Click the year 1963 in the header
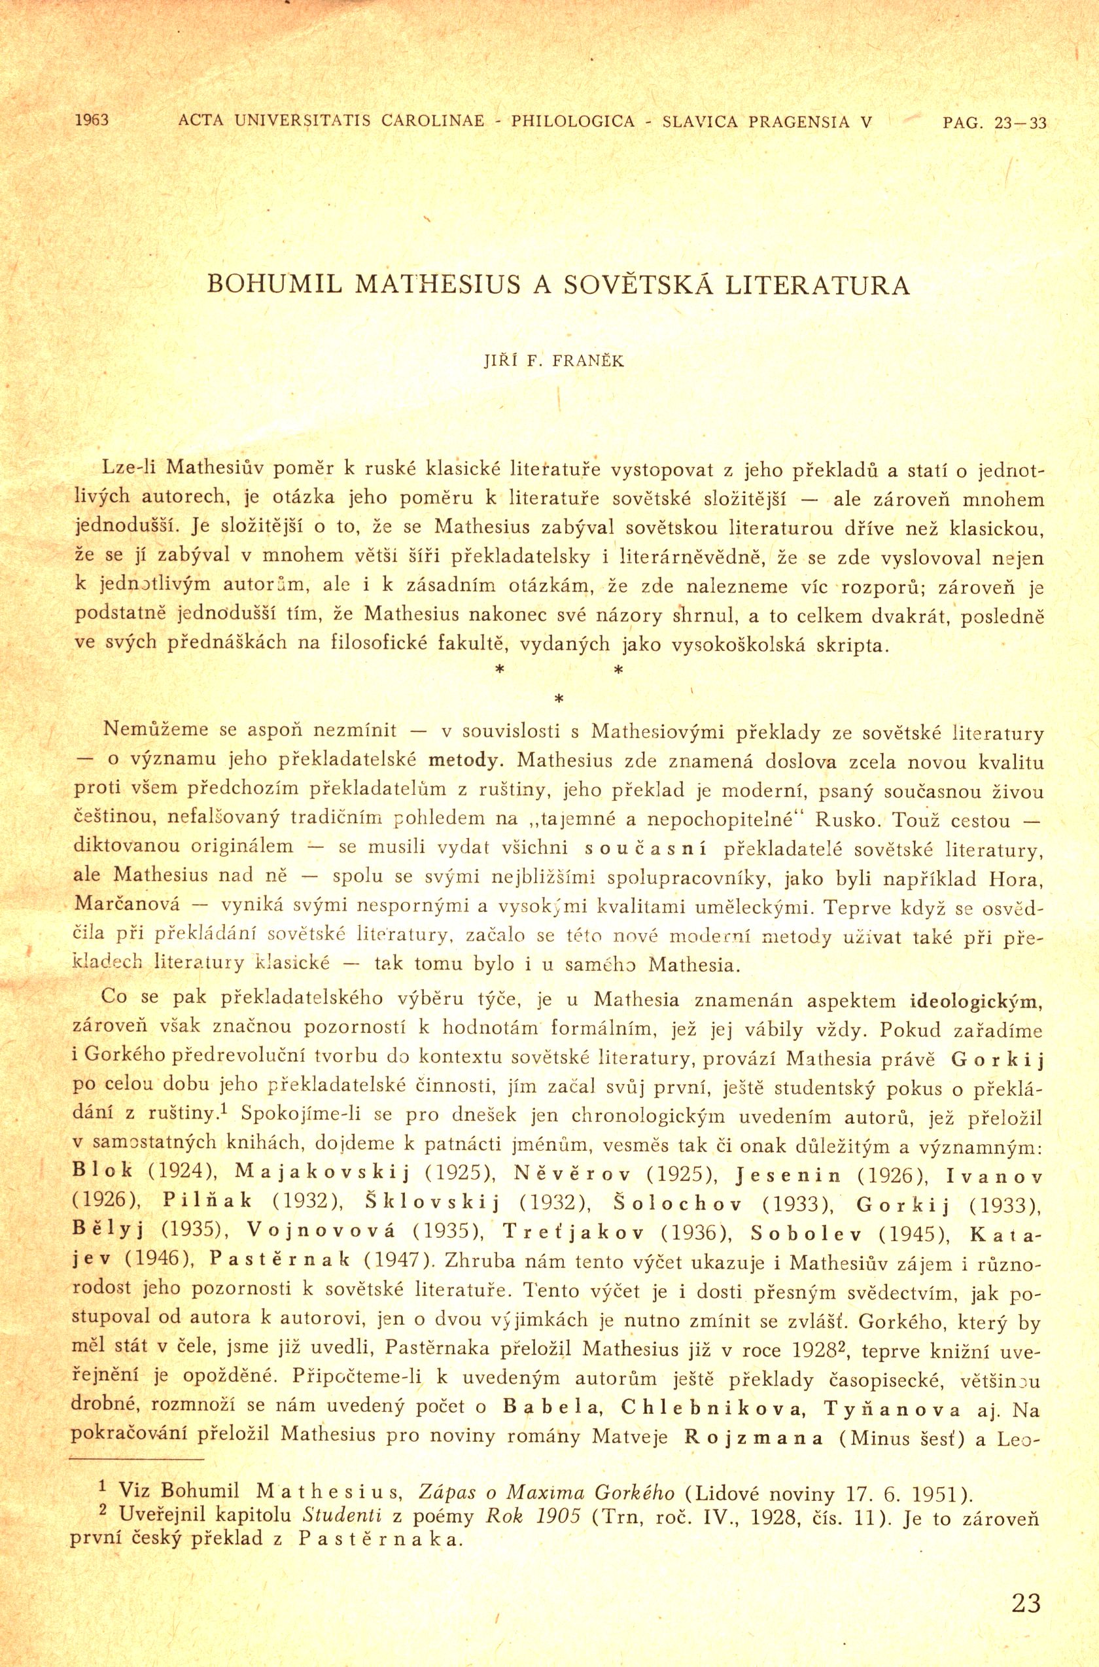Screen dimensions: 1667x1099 point(91,120)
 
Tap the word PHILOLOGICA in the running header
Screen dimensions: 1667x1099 point(573,120)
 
